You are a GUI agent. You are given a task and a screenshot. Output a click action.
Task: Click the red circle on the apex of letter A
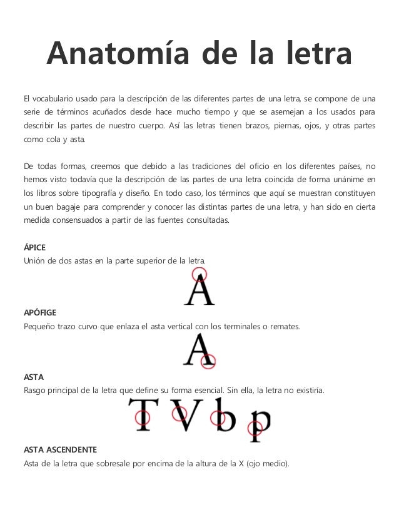click(199, 274)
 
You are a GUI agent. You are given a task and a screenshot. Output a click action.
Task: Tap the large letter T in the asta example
click(143, 416)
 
